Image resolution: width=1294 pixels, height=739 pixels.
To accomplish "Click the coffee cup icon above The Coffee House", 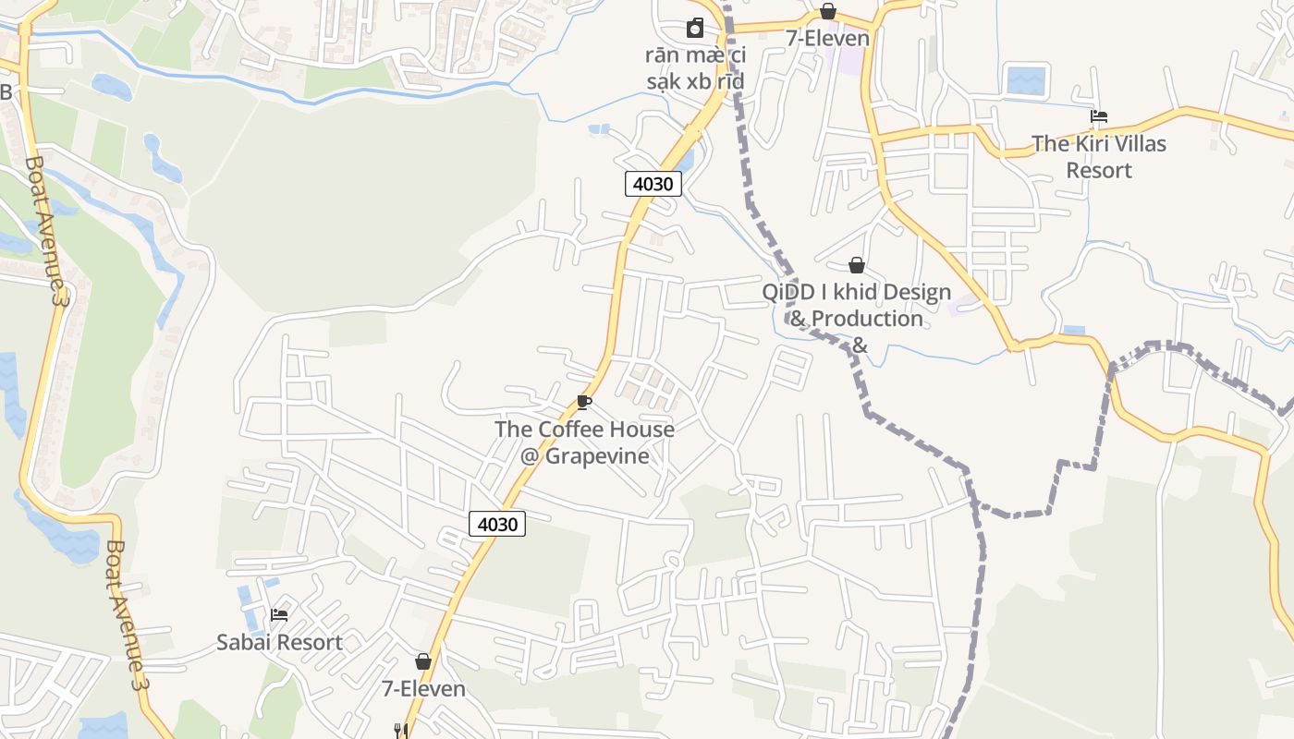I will pyautogui.click(x=583, y=402).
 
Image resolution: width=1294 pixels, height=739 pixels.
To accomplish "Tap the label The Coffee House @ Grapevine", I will pyautogui.click(x=584, y=442).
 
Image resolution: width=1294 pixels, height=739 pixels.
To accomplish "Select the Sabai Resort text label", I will pyautogui.click(x=279, y=642).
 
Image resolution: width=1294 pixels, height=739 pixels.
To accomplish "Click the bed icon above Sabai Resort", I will pyautogui.click(x=279, y=614).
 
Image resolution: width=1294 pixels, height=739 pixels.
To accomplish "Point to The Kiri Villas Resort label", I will pyautogui.click(x=1099, y=157).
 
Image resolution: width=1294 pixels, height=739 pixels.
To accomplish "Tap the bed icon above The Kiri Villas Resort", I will pyautogui.click(x=1099, y=116).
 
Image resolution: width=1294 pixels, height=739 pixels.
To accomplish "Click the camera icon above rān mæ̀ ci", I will pyautogui.click(x=695, y=29).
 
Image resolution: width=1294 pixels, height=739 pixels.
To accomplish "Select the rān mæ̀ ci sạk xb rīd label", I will pyautogui.click(x=695, y=68).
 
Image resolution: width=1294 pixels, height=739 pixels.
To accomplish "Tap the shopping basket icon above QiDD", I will pyautogui.click(x=857, y=266).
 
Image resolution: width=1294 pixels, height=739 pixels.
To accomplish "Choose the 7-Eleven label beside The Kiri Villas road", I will pyautogui.click(x=828, y=38).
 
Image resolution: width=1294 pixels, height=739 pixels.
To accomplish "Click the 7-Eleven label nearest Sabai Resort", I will pyautogui.click(x=423, y=688).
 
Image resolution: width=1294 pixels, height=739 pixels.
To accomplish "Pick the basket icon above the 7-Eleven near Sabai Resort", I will pyautogui.click(x=423, y=661).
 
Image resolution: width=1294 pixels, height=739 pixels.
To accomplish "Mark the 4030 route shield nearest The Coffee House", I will pyautogui.click(x=497, y=524).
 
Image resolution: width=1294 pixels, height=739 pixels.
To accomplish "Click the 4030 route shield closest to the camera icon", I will pyautogui.click(x=653, y=183).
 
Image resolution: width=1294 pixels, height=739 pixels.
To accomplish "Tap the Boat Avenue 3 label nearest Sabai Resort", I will pyautogui.click(x=127, y=615).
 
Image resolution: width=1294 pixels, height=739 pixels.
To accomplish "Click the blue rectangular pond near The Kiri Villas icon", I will pyautogui.click(x=1025, y=80).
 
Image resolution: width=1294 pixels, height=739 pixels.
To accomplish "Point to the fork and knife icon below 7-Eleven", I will pyautogui.click(x=400, y=731).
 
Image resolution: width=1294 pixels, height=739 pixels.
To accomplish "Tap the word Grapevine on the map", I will pyautogui.click(x=597, y=455).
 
